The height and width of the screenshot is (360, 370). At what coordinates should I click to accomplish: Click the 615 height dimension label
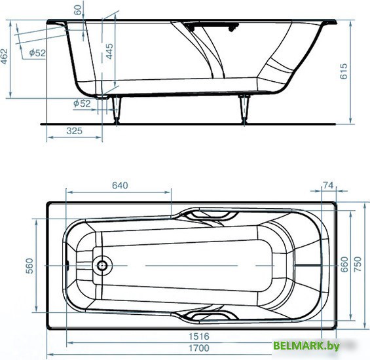coord(344,71)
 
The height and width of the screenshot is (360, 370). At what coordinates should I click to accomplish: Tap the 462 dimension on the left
coord(4,56)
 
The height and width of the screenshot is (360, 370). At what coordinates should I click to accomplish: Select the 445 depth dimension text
coord(109,51)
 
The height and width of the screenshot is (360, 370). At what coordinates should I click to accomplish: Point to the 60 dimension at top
coord(78,10)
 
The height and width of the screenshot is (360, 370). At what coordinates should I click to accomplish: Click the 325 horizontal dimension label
coord(75,131)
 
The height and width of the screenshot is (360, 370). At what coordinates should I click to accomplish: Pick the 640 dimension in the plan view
coord(120,185)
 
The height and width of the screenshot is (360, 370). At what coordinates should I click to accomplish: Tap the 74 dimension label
coord(328,185)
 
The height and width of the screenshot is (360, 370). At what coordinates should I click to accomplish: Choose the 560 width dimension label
coord(29,266)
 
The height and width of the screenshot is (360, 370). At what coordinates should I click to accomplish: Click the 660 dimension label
coord(344,264)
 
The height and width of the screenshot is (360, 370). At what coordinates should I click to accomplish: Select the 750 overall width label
coord(358,264)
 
